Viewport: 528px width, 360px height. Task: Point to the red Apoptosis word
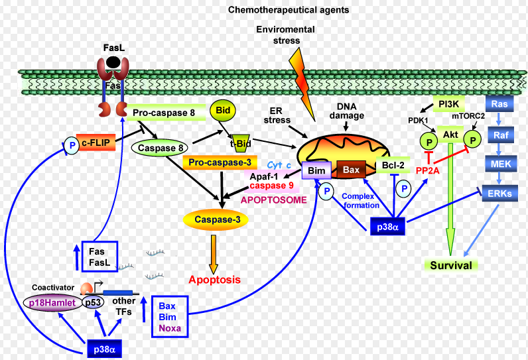pos(214,280)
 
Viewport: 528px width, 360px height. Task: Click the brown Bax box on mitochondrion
pos(352,170)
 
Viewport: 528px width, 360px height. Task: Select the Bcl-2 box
pos(393,166)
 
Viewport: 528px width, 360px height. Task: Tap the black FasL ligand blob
pos(113,62)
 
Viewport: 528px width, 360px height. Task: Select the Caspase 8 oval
pos(162,147)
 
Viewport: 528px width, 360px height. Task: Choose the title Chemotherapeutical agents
pos(289,11)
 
